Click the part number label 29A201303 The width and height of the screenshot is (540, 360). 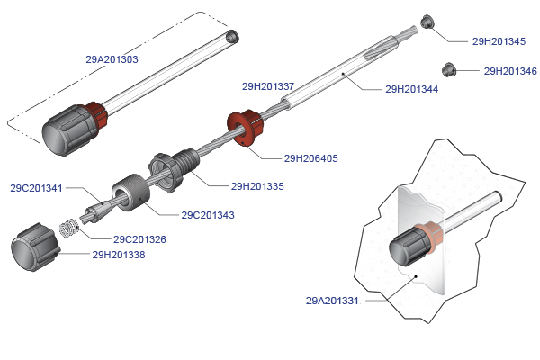click(x=112, y=59)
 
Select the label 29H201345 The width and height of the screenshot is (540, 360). click(x=499, y=41)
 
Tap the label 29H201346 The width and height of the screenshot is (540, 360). click(x=510, y=71)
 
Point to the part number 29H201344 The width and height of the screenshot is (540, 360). click(x=412, y=89)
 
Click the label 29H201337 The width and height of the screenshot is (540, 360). click(x=268, y=87)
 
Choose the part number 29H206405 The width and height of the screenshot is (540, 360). click(x=311, y=158)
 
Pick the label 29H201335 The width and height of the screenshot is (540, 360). click(x=257, y=186)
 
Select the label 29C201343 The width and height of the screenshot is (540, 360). click(x=208, y=215)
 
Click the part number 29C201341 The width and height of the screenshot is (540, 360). click(x=37, y=189)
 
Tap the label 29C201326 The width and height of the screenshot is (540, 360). click(x=139, y=239)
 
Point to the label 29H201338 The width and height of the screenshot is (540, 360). click(x=119, y=255)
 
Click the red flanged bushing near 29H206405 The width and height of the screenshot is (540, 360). click(x=244, y=127)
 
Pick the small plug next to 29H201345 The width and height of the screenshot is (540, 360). click(x=427, y=22)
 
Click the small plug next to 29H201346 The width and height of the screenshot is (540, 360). click(x=447, y=67)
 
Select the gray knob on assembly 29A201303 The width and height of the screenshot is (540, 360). click(x=67, y=130)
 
